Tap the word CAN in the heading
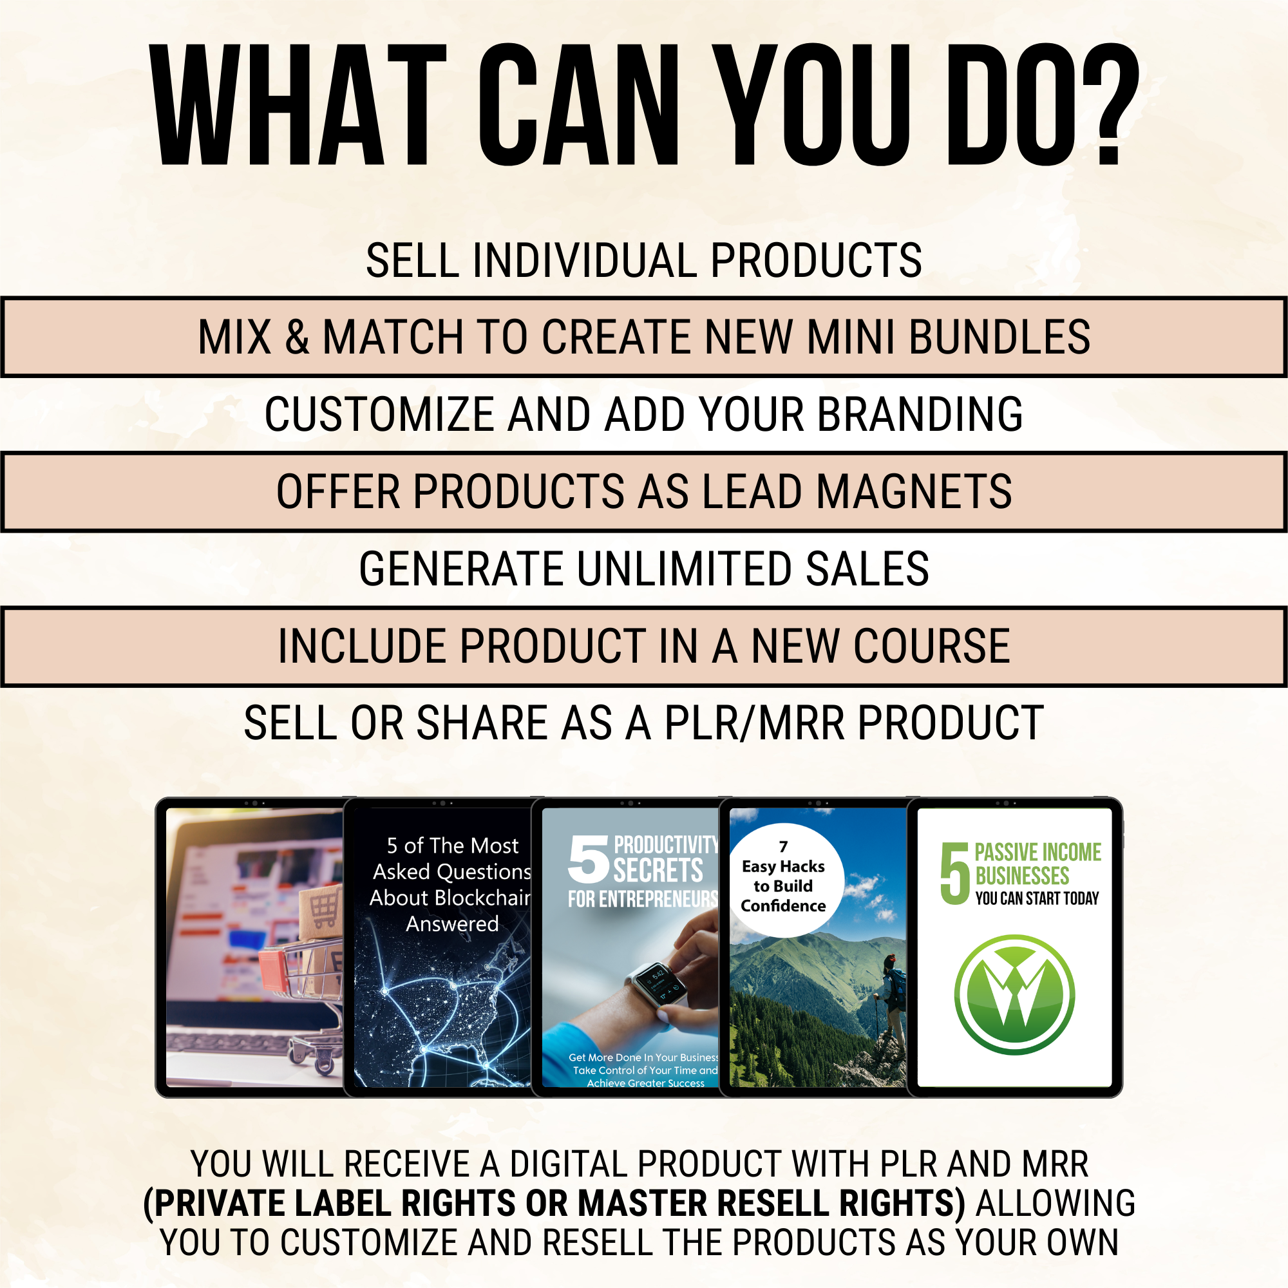pyautogui.click(x=578, y=105)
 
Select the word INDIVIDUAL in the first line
pyautogui.click(x=584, y=260)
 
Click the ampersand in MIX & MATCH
pyautogui.click(x=298, y=337)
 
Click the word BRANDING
pyautogui.click(x=920, y=414)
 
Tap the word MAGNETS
pyautogui.click(x=914, y=491)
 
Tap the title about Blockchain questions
pyautogui.click(x=451, y=885)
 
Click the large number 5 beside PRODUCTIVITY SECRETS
pyautogui.click(x=588, y=859)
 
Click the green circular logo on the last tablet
pyautogui.click(x=1014, y=995)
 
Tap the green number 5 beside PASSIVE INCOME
pyautogui.click(x=954, y=873)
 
